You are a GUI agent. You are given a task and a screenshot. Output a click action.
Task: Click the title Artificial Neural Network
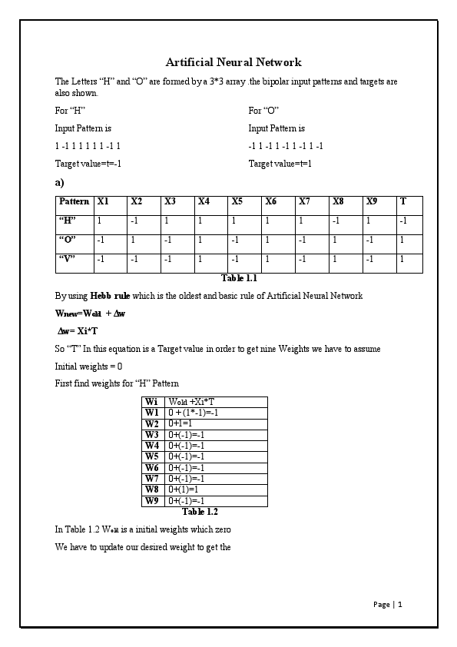(233, 62)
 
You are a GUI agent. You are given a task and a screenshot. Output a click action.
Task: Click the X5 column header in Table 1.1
(237, 201)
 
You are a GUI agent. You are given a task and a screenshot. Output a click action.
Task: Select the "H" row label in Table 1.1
(67, 221)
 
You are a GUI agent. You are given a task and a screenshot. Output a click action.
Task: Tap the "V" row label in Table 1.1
(67, 258)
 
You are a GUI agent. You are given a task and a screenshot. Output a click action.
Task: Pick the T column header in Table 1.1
(403, 201)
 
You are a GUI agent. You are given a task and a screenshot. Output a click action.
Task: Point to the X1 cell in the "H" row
(100, 221)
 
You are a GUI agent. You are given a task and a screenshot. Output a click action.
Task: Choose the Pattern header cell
(74, 201)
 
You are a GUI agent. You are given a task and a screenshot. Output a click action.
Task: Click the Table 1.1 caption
(239, 278)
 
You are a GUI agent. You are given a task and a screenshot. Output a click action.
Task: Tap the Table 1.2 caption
(200, 512)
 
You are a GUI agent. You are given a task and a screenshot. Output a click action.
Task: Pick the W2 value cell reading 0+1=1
(180, 423)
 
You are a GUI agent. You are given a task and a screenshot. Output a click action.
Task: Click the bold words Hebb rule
(111, 296)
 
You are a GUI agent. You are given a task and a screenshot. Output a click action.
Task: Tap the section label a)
(59, 183)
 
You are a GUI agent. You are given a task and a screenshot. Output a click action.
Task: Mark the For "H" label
(70, 111)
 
